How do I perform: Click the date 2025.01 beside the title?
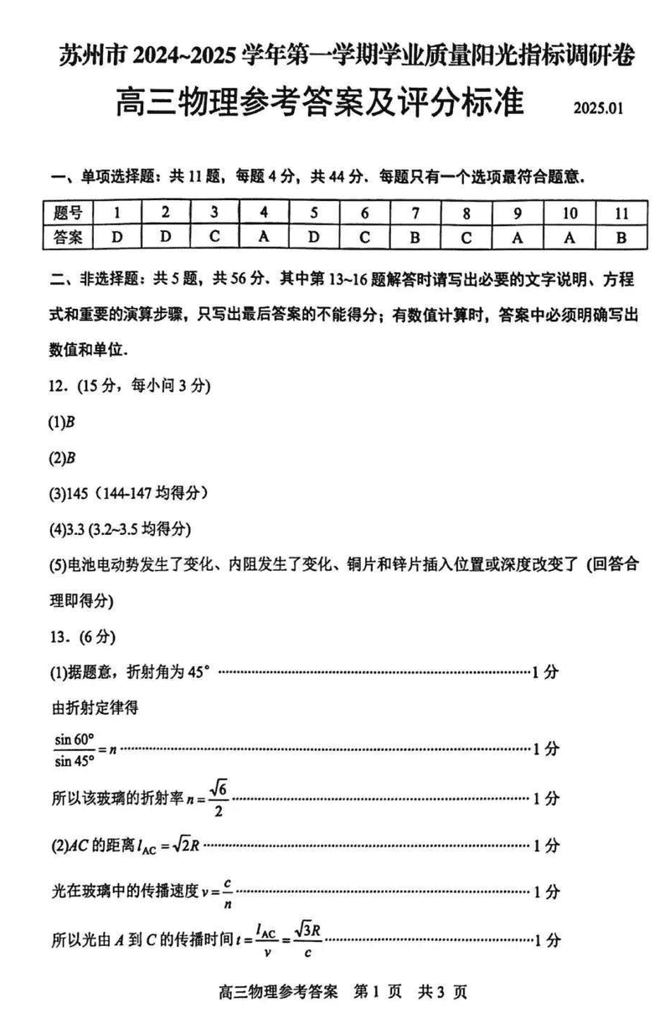(599, 109)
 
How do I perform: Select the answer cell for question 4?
(263, 237)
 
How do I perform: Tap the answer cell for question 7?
(415, 237)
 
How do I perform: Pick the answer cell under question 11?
(621, 237)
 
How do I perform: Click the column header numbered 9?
(517, 213)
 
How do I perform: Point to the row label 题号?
(68, 213)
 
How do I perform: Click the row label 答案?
(68, 237)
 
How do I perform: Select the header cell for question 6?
(364, 213)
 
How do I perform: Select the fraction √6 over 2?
(219, 799)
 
